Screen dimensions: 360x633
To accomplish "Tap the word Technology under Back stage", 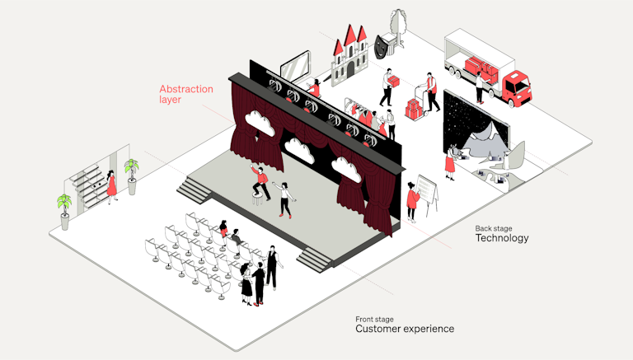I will coord(501,238).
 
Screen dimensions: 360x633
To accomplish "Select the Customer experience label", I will coord(404,329).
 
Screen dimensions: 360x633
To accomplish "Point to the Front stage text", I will coord(374,318).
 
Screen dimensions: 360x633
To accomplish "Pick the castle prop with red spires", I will coord(350,53).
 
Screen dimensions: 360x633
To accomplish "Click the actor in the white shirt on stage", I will coord(286,199).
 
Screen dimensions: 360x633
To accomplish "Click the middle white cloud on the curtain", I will coord(298,148).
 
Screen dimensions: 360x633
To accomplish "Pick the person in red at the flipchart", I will coord(412,202).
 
